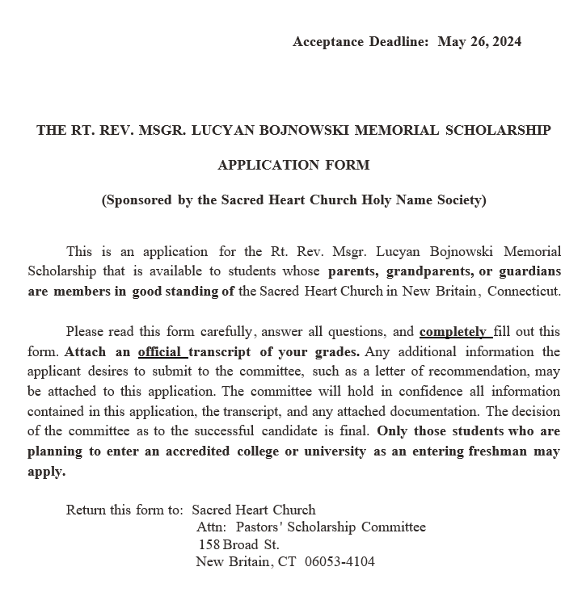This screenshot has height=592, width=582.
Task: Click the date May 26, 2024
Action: [x=479, y=42]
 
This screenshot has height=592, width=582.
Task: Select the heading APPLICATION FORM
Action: [x=293, y=165]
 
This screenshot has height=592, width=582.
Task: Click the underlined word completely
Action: [x=454, y=332]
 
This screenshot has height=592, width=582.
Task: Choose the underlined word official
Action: [x=162, y=352]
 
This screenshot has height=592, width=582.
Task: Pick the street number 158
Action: [x=209, y=544]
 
